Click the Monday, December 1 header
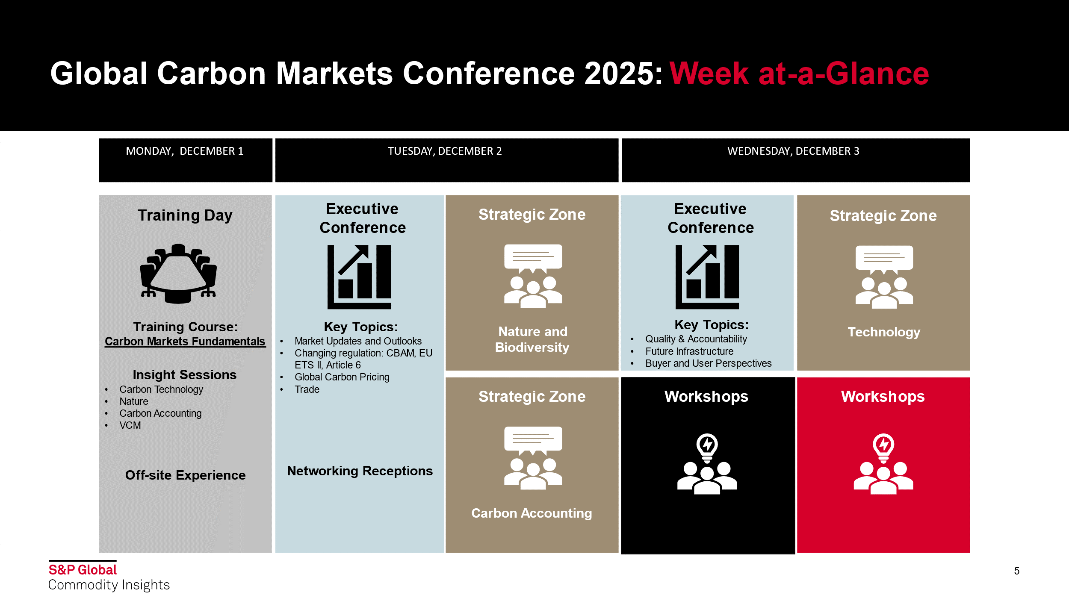[185, 151]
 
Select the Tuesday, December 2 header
[445, 151]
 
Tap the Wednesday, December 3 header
[793, 151]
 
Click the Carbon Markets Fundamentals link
[185, 342]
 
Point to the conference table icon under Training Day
[178, 274]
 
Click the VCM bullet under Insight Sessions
[130, 425]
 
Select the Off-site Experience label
[185, 475]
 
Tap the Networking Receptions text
[360, 471]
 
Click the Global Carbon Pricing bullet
[342, 377]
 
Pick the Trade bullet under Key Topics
[307, 389]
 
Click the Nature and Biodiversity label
[532, 339]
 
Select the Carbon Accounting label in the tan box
[532, 513]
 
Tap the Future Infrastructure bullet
[689, 351]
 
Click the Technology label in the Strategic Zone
[884, 332]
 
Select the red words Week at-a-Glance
[799, 74]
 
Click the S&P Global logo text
[83, 570]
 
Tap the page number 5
[1017, 571]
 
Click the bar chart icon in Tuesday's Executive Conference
[359, 277]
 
